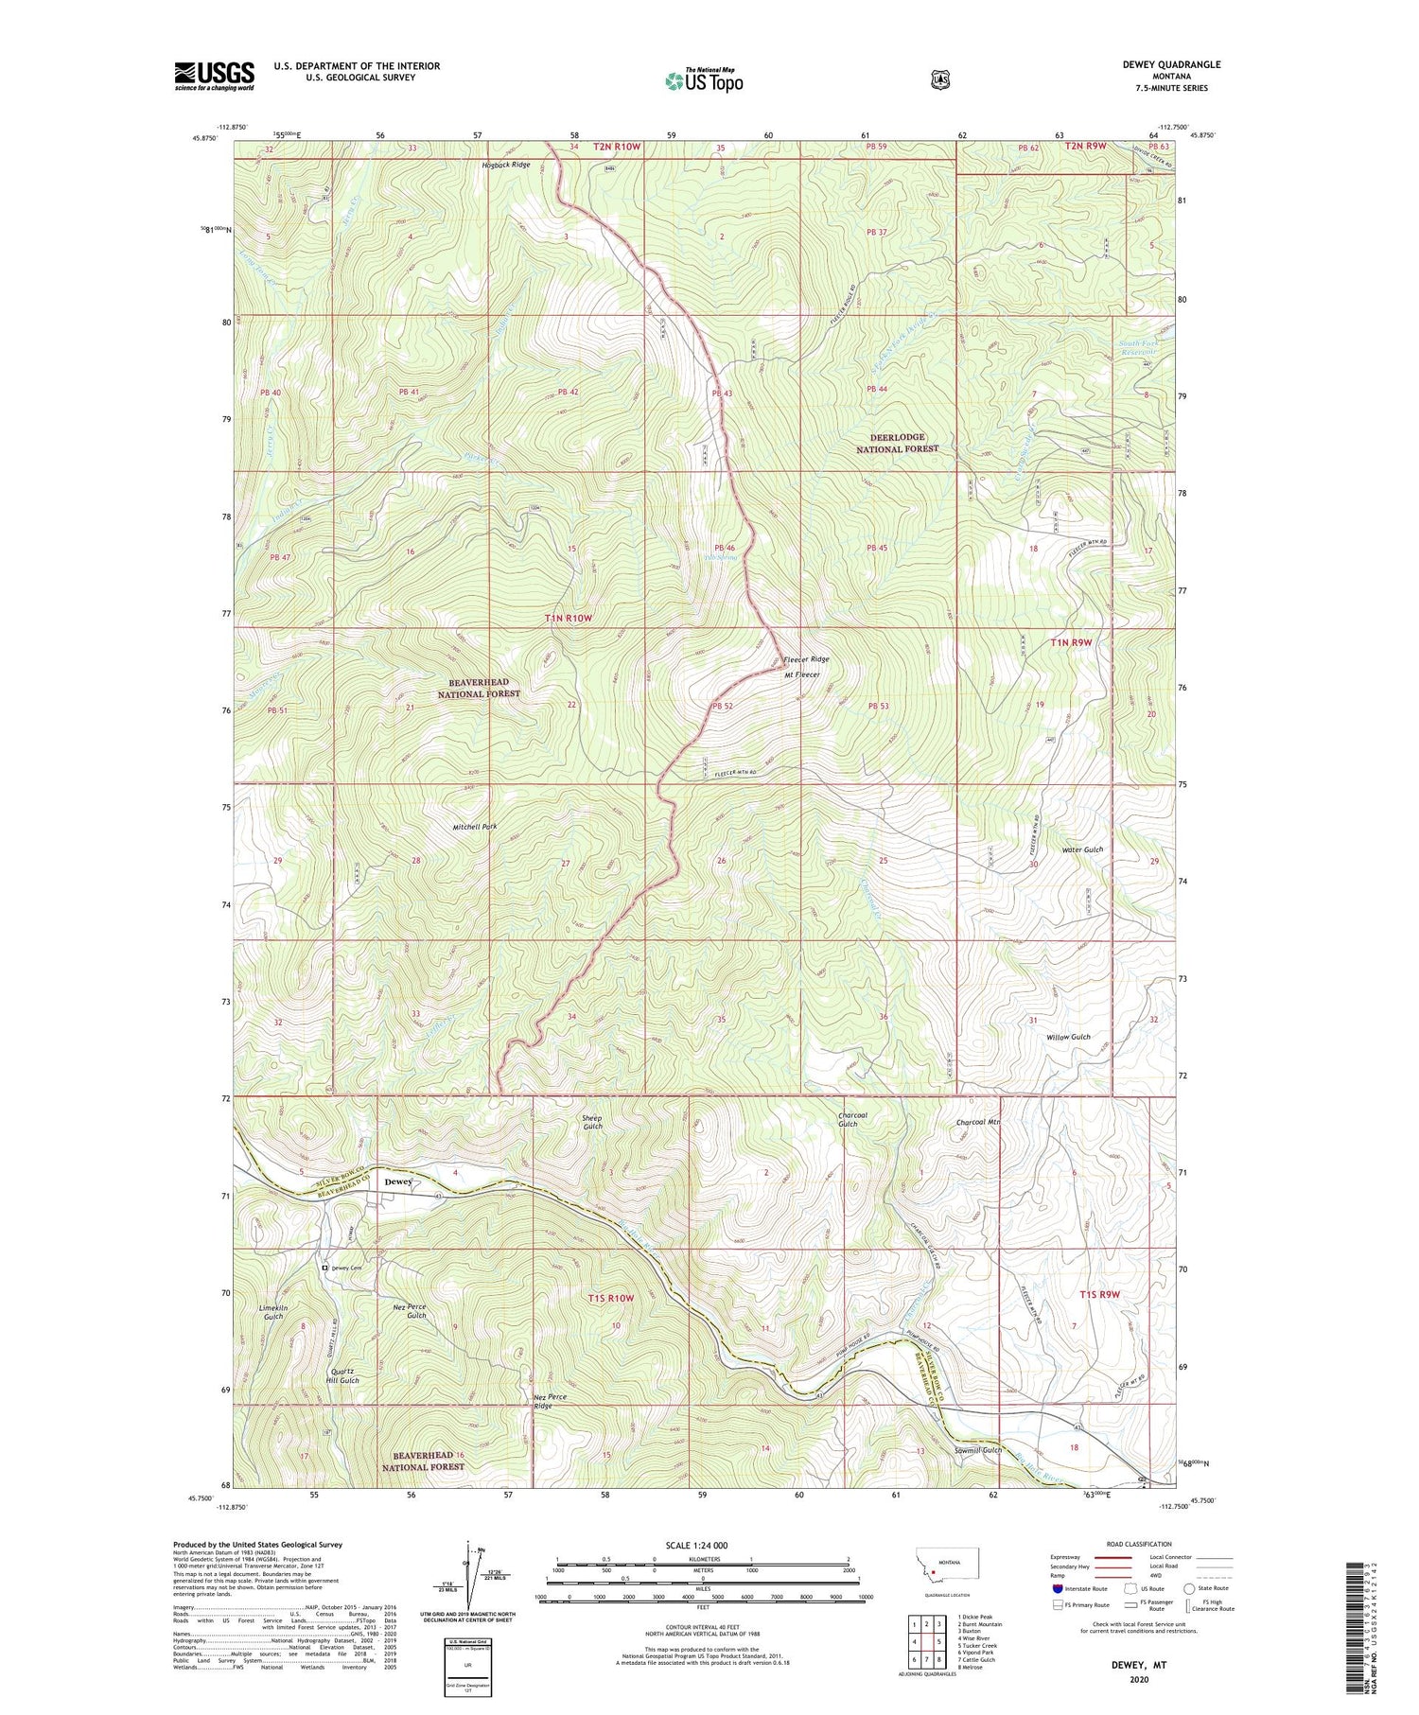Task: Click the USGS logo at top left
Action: point(214,76)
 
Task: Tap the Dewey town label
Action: point(396,1181)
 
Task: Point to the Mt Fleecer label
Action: point(801,675)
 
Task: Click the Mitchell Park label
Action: point(474,827)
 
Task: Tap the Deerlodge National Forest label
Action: point(897,443)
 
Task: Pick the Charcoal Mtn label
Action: point(978,1123)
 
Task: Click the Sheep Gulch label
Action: point(592,1123)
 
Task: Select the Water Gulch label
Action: point(1082,849)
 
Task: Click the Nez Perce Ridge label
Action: point(556,1401)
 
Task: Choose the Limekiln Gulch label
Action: point(272,1312)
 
